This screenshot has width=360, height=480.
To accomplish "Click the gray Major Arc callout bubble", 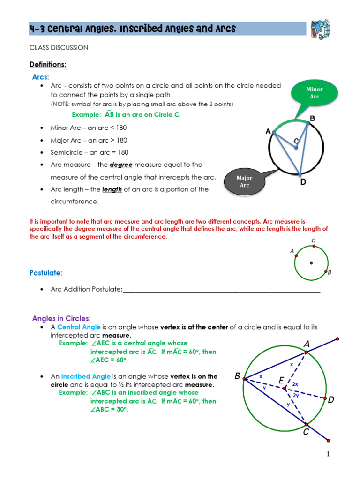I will coord(244,181).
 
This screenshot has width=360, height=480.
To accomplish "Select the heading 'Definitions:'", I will coord(47,64).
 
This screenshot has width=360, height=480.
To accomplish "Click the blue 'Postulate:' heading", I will coord(46,272).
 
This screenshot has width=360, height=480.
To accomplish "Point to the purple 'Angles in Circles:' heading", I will coord(61,318).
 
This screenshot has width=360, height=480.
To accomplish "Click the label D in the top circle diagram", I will coord(303,181).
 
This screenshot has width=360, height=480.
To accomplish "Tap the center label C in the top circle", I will coord(296,141).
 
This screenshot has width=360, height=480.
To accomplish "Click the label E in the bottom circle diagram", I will coord(282,381).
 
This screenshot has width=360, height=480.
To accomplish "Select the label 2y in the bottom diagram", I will coord(296,395).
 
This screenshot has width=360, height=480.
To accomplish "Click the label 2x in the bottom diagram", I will coord(295,383).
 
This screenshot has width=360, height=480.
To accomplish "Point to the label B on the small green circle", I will coord(330,272).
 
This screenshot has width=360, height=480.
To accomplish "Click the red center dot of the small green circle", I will coord(311,263).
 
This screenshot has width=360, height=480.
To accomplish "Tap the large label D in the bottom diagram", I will coord(331,400).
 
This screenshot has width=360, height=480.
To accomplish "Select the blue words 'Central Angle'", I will coord(75,327).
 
